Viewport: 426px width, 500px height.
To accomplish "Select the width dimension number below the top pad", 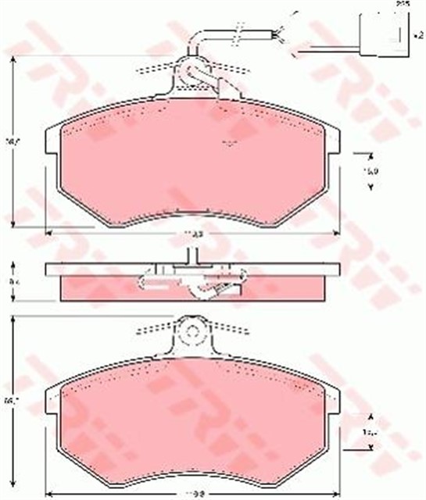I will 199,233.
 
